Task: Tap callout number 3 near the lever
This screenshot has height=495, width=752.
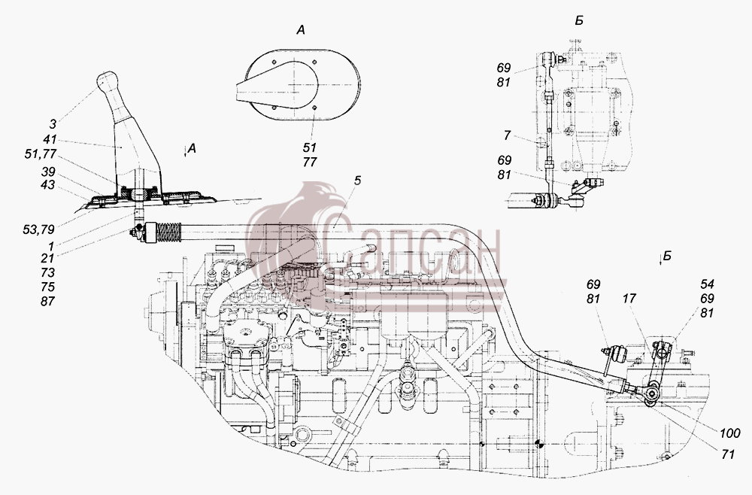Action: coord(53,124)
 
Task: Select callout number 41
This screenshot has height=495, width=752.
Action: coord(50,140)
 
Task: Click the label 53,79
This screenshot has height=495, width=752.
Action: coord(38,229)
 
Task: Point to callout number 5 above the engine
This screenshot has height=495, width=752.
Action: coord(357,181)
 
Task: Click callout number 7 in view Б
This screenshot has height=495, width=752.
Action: coord(507,135)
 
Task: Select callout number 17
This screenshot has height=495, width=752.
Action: coord(629,299)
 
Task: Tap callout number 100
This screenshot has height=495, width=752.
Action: coord(730,433)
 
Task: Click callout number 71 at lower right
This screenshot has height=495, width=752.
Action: coord(728,454)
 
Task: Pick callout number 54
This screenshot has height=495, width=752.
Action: coord(707,284)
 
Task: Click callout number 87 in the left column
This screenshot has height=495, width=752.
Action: coord(48,301)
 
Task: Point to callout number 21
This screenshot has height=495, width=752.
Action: coord(47,258)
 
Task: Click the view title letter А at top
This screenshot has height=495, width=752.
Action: coord(301,30)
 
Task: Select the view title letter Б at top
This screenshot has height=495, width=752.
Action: coord(579,20)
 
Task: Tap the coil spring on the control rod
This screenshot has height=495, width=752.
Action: coord(168,232)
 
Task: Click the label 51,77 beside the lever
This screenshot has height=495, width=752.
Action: coord(41,154)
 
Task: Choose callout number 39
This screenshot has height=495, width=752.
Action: coord(48,172)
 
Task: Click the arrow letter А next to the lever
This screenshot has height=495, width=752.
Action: coord(192,149)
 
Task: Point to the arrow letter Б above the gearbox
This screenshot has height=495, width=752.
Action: coord(666,256)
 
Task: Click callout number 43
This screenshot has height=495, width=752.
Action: coord(48,185)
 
